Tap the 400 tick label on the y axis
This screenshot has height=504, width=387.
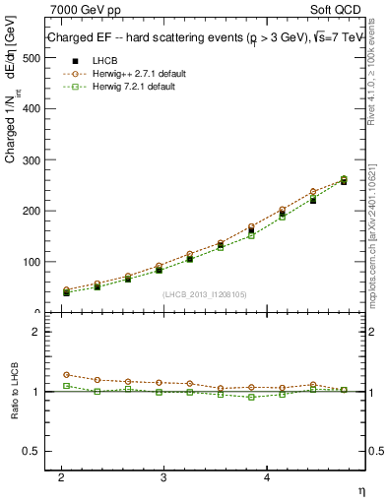pos(30,109)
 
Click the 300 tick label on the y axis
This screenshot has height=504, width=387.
pos(30,160)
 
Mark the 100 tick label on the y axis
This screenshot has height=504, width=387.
pos(30,262)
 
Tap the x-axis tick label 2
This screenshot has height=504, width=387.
pos(62,476)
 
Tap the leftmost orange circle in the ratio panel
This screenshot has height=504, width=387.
pos(66,374)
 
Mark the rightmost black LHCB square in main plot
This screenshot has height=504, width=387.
pos(344,181)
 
